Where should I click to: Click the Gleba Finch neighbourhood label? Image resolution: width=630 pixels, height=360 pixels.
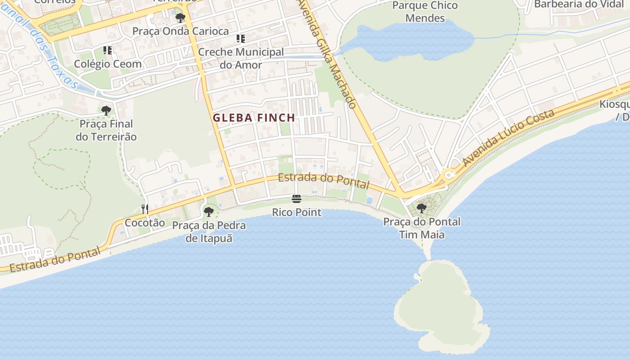(x=254, y=118)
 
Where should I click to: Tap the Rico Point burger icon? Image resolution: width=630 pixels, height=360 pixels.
(x=296, y=199)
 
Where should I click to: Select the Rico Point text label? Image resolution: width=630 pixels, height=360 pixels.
(x=297, y=212)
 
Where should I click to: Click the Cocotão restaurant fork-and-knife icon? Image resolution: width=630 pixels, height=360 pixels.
(x=145, y=209)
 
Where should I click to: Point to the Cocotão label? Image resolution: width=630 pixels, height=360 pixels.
(x=145, y=223)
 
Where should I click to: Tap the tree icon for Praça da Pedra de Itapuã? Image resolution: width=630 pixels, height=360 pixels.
(x=208, y=211)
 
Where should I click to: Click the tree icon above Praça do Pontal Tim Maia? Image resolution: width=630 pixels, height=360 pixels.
(x=422, y=208)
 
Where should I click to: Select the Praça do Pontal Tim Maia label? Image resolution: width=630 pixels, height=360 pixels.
(x=422, y=228)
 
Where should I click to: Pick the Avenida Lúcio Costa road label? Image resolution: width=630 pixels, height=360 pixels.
(x=508, y=138)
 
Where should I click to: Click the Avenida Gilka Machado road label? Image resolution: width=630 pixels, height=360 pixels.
(x=327, y=54)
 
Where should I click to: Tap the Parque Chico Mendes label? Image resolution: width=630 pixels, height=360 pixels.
(x=425, y=12)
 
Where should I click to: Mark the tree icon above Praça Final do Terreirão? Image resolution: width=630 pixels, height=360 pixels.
(x=106, y=110)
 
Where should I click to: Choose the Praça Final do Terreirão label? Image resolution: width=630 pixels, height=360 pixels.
(x=106, y=130)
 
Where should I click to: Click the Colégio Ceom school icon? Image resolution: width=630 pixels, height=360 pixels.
(x=107, y=50)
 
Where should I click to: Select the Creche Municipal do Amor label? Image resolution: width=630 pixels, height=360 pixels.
(x=241, y=58)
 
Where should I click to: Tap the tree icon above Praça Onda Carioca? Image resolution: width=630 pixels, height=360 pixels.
(x=180, y=18)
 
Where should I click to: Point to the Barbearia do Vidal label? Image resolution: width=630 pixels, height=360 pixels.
(x=579, y=4)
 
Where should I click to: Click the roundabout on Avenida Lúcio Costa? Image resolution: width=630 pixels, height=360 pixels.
(x=448, y=175)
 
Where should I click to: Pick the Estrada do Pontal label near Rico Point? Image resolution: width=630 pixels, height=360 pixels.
(x=323, y=180)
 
